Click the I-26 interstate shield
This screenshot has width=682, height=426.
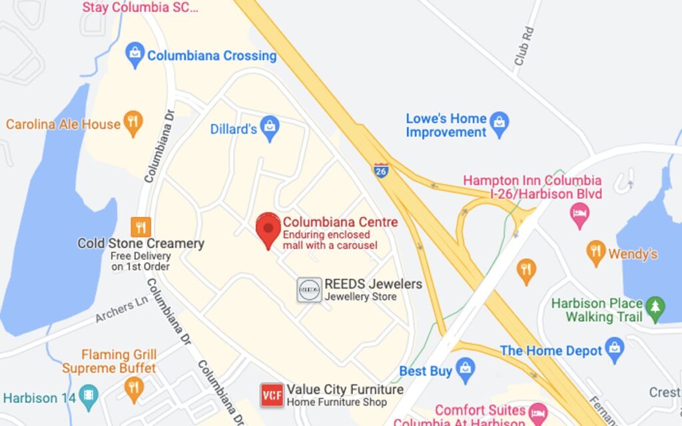pos(381,170)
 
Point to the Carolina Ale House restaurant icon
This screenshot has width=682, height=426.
pos(134,123)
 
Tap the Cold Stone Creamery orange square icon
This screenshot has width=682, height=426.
pos(141,227)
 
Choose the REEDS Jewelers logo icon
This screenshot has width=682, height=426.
pos(309,290)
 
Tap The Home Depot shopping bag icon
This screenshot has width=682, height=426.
pos(615,347)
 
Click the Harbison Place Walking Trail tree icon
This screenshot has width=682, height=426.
pos(655,307)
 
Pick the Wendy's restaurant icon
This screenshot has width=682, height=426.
pos(595,252)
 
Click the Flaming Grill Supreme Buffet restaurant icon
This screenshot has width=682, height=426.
pos(134,387)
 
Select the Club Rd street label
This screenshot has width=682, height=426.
pos(524,46)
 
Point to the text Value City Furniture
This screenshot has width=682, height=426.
pos(345,389)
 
